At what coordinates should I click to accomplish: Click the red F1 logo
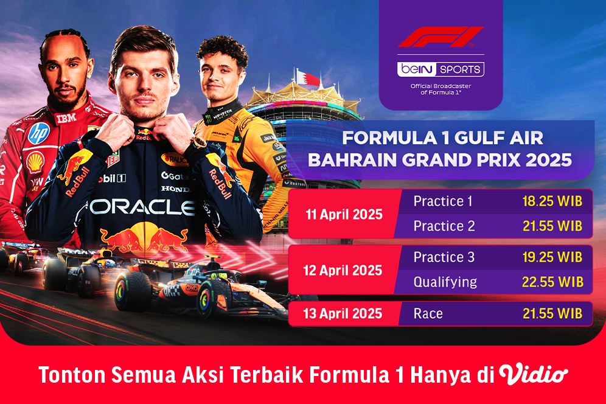(441, 37)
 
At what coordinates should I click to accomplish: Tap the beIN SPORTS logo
(441, 69)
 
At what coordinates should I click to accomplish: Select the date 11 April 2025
(344, 214)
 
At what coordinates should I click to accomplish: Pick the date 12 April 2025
(344, 270)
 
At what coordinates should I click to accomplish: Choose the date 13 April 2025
(344, 314)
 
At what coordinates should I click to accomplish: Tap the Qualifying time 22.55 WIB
(552, 282)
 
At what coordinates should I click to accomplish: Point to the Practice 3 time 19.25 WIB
(552, 257)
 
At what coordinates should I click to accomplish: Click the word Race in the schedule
(428, 314)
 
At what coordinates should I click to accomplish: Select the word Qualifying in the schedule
(445, 282)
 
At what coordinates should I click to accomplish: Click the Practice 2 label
(444, 226)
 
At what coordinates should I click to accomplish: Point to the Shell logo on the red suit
(35, 162)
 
